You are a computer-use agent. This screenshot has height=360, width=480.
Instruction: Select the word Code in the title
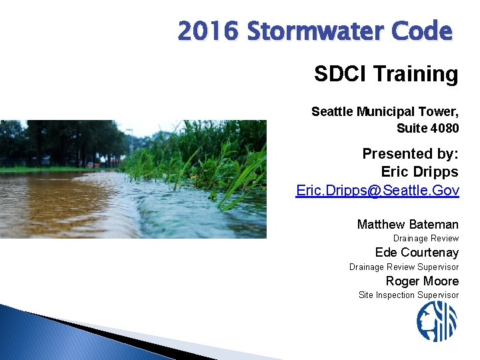(x=424, y=31)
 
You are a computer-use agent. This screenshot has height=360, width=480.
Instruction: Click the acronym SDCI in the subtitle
(x=338, y=74)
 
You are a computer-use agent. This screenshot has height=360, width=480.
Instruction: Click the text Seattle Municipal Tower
(x=385, y=111)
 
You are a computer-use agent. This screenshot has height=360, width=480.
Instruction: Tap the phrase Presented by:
(x=410, y=154)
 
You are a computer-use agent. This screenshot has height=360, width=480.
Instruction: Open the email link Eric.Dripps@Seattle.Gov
(x=377, y=191)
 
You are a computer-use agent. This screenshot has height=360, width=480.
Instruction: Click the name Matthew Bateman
(x=407, y=224)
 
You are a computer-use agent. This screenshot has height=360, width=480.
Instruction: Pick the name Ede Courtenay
(x=417, y=252)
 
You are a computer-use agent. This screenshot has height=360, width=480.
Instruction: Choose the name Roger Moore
(x=422, y=281)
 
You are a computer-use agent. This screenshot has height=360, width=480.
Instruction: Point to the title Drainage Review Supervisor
(x=404, y=267)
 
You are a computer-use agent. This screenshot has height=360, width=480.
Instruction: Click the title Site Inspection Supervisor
(x=409, y=295)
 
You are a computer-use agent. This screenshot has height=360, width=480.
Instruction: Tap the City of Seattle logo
(x=437, y=321)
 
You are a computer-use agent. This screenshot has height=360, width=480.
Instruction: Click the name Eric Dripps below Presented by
(x=419, y=172)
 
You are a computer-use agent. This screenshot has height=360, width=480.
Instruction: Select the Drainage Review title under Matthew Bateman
(x=425, y=238)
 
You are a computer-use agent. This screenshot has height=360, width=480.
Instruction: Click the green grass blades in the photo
(x=200, y=160)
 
